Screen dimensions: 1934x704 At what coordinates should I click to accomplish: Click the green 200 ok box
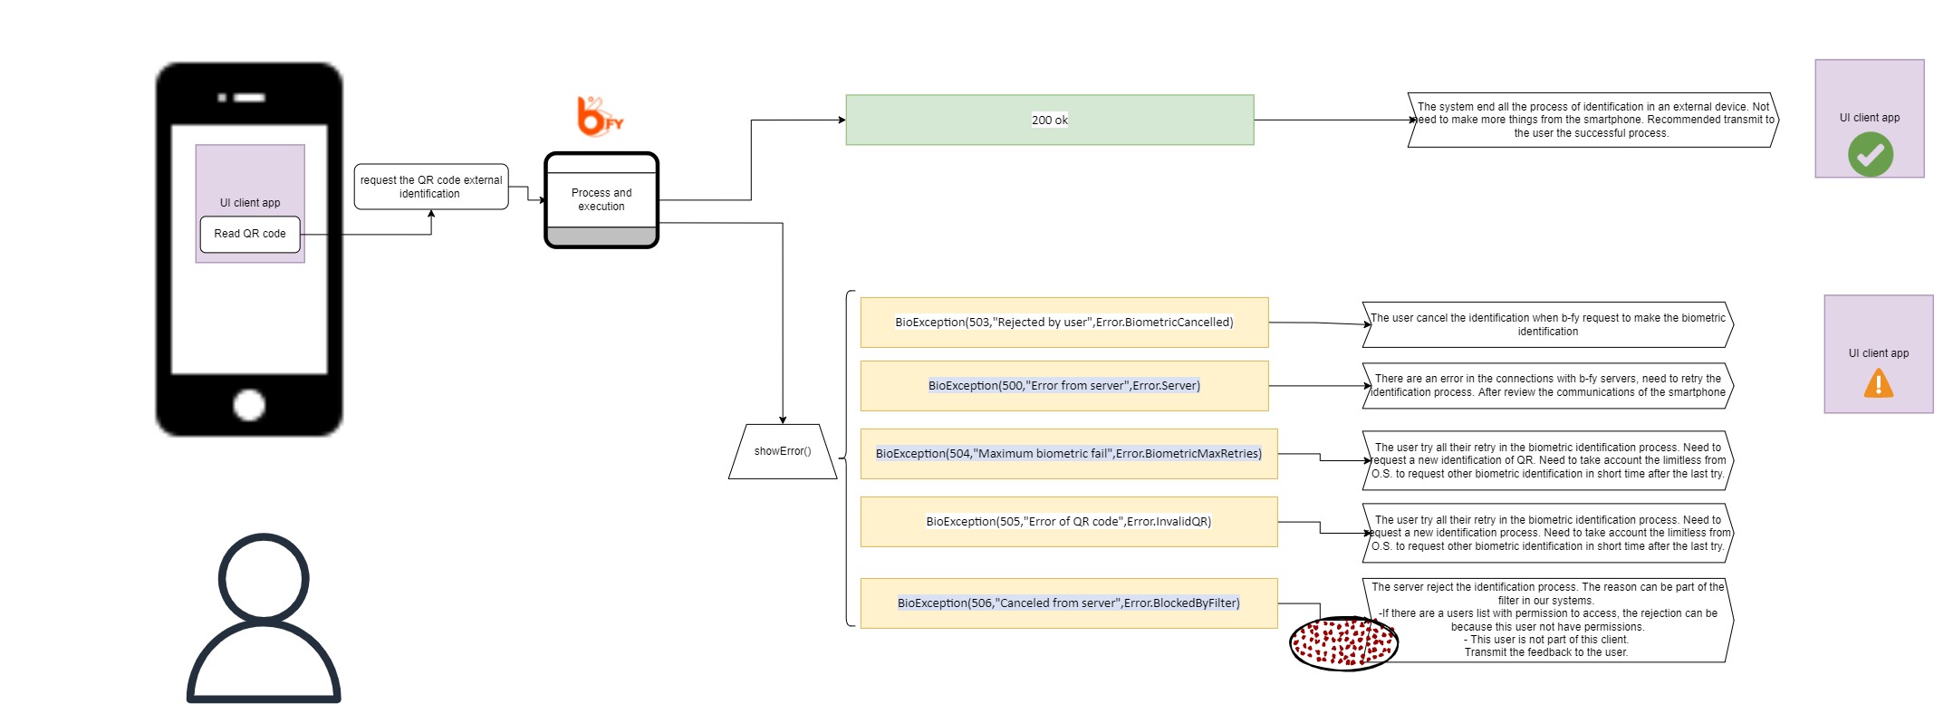click(1050, 120)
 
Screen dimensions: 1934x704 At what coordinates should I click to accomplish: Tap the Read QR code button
click(250, 235)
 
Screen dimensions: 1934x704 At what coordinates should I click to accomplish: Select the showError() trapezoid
click(783, 451)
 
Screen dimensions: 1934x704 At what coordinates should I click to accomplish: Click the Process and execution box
click(601, 200)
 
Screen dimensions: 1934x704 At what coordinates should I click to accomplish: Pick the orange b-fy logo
click(600, 116)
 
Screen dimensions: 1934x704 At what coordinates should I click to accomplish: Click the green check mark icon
click(1871, 154)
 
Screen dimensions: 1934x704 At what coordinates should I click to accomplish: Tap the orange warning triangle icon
click(1879, 383)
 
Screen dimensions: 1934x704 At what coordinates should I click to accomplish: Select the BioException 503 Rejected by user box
click(1064, 323)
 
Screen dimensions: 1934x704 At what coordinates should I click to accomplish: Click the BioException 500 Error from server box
click(1064, 386)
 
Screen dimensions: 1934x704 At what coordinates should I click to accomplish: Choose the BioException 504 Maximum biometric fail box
click(1069, 454)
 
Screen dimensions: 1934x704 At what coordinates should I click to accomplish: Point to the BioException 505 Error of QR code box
click(1069, 522)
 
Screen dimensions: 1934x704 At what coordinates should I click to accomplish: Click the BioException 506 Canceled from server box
click(1069, 603)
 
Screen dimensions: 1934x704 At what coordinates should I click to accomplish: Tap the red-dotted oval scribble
click(1344, 643)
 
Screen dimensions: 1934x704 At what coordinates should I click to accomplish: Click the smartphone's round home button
click(249, 405)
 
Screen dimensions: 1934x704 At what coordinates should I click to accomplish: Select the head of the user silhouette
click(264, 578)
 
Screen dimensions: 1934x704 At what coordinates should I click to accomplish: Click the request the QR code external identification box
click(431, 187)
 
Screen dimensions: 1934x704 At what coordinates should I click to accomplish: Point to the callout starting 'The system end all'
click(1593, 120)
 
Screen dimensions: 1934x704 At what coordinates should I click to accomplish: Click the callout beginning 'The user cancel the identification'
click(1548, 324)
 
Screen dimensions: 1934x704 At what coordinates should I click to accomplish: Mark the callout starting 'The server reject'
click(1548, 621)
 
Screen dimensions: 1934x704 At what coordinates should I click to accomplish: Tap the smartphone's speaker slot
click(250, 98)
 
